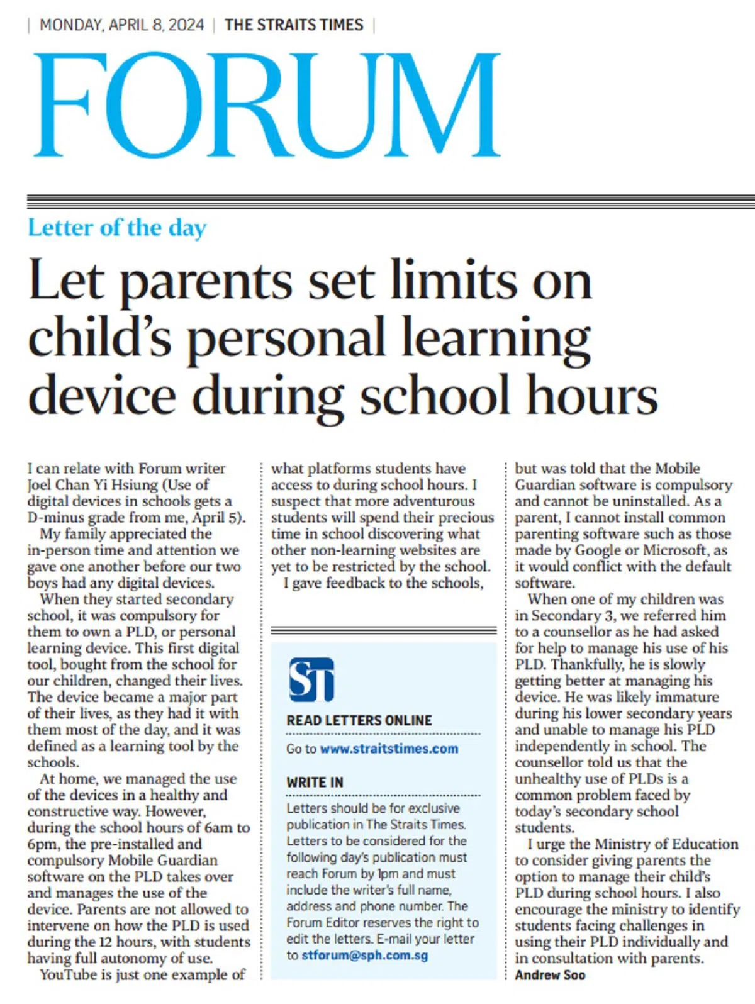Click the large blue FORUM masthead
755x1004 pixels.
[x=267, y=106]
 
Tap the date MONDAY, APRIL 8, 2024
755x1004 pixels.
[x=122, y=25]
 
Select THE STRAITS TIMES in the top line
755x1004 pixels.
[x=294, y=25]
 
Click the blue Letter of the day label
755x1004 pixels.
[x=117, y=228]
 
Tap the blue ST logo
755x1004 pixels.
[x=311, y=679]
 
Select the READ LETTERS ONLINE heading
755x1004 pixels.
[x=359, y=721]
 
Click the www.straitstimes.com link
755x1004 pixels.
[x=389, y=749]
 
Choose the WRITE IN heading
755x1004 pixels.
[x=315, y=783]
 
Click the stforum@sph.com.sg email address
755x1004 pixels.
[x=365, y=956]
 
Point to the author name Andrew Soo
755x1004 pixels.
[x=550, y=975]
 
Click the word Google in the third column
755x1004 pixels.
[x=606, y=550]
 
